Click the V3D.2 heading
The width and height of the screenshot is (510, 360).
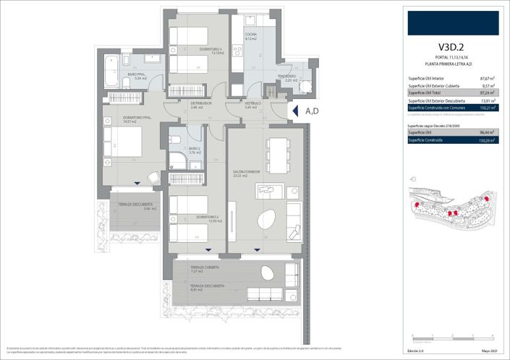tap(450, 48)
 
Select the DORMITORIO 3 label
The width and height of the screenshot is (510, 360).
tap(212, 49)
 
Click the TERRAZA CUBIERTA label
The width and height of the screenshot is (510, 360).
tap(205, 267)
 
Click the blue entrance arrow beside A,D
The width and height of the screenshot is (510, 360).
tap(294, 111)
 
